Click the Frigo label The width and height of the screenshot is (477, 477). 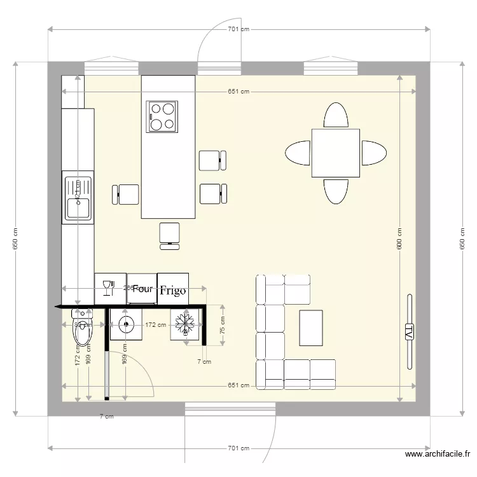point(173,291)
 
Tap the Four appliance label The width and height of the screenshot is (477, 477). point(142,288)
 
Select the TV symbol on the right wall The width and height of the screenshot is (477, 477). point(408,331)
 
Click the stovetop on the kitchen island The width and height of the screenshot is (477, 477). point(162,116)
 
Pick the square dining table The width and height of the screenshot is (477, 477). point(335,153)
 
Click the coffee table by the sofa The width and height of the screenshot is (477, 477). point(311,327)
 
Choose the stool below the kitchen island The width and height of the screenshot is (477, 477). point(170,233)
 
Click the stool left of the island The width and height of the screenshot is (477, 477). point(126,193)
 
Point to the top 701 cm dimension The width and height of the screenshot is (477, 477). point(238,29)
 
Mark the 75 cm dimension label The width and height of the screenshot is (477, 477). point(223,326)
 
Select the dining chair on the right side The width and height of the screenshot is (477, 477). point(374,153)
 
